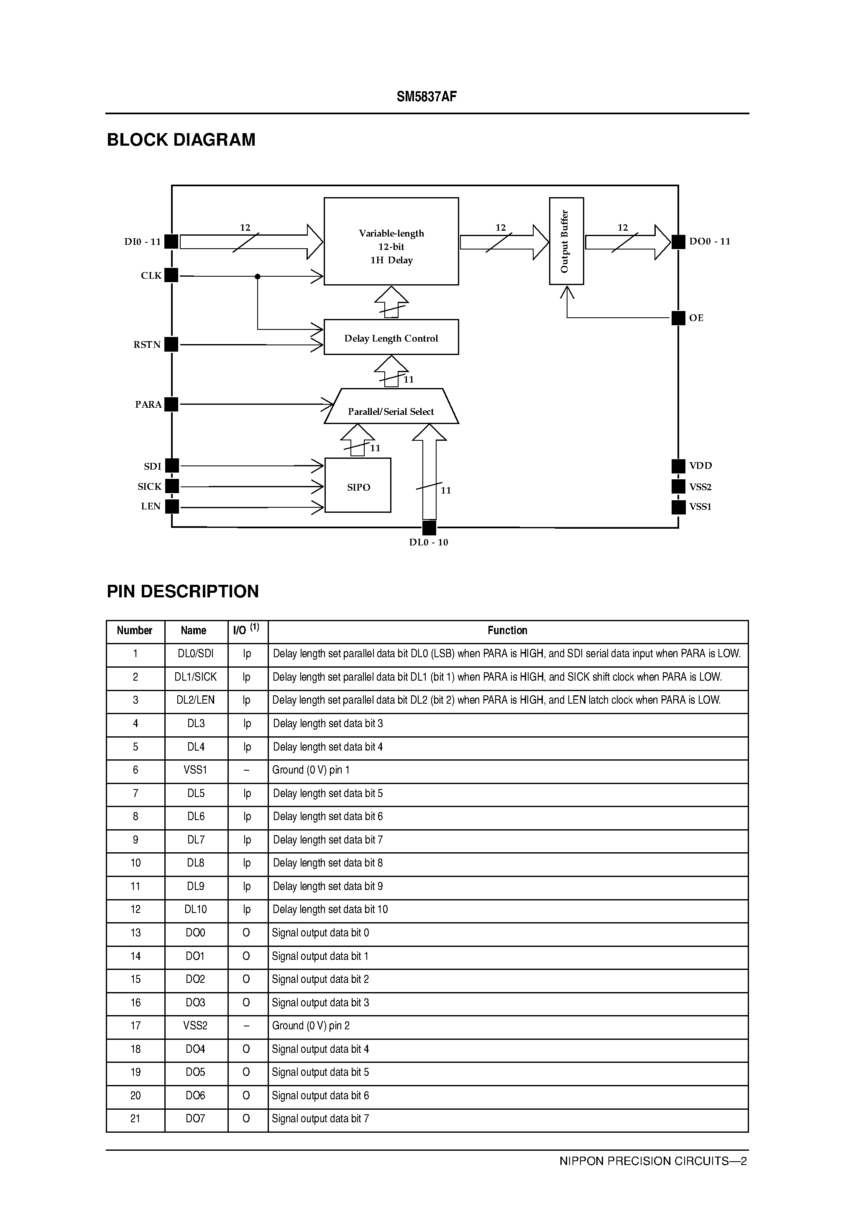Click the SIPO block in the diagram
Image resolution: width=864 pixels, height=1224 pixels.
pyautogui.click(x=358, y=486)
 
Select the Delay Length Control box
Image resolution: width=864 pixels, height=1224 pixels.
pyautogui.click(x=391, y=337)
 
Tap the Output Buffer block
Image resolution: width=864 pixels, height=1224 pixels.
pyautogui.click(x=566, y=241)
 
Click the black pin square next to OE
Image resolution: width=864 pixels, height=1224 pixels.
pyautogui.click(x=678, y=318)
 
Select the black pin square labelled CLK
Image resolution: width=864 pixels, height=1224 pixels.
pyautogui.click(x=171, y=275)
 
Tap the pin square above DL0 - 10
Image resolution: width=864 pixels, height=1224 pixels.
pyautogui.click(x=429, y=528)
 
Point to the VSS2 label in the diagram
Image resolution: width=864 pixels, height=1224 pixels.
pyautogui.click(x=700, y=487)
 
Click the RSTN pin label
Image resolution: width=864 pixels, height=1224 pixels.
pyautogui.click(x=147, y=345)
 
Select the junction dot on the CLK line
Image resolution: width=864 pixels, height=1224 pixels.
pyautogui.click(x=258, y=276)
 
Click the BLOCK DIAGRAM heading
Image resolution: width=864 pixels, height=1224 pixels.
pyautogui.click(x=181, y=140)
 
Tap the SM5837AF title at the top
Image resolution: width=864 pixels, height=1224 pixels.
pyautogui.click(x=427, y=97)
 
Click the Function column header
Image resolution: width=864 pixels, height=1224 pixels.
pyautogui.click(x=507, y=631)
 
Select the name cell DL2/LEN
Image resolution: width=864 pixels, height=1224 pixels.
pyautogui.click(x=195, y=700)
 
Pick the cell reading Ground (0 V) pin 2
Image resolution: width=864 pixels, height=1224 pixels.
pyautogui.click(x=311, y=1026)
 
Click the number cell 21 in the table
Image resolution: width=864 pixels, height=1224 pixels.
pyautogui.click(x=135, y=1119)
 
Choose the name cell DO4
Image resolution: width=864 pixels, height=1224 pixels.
pyautogui.click(x=195, y=1049)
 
